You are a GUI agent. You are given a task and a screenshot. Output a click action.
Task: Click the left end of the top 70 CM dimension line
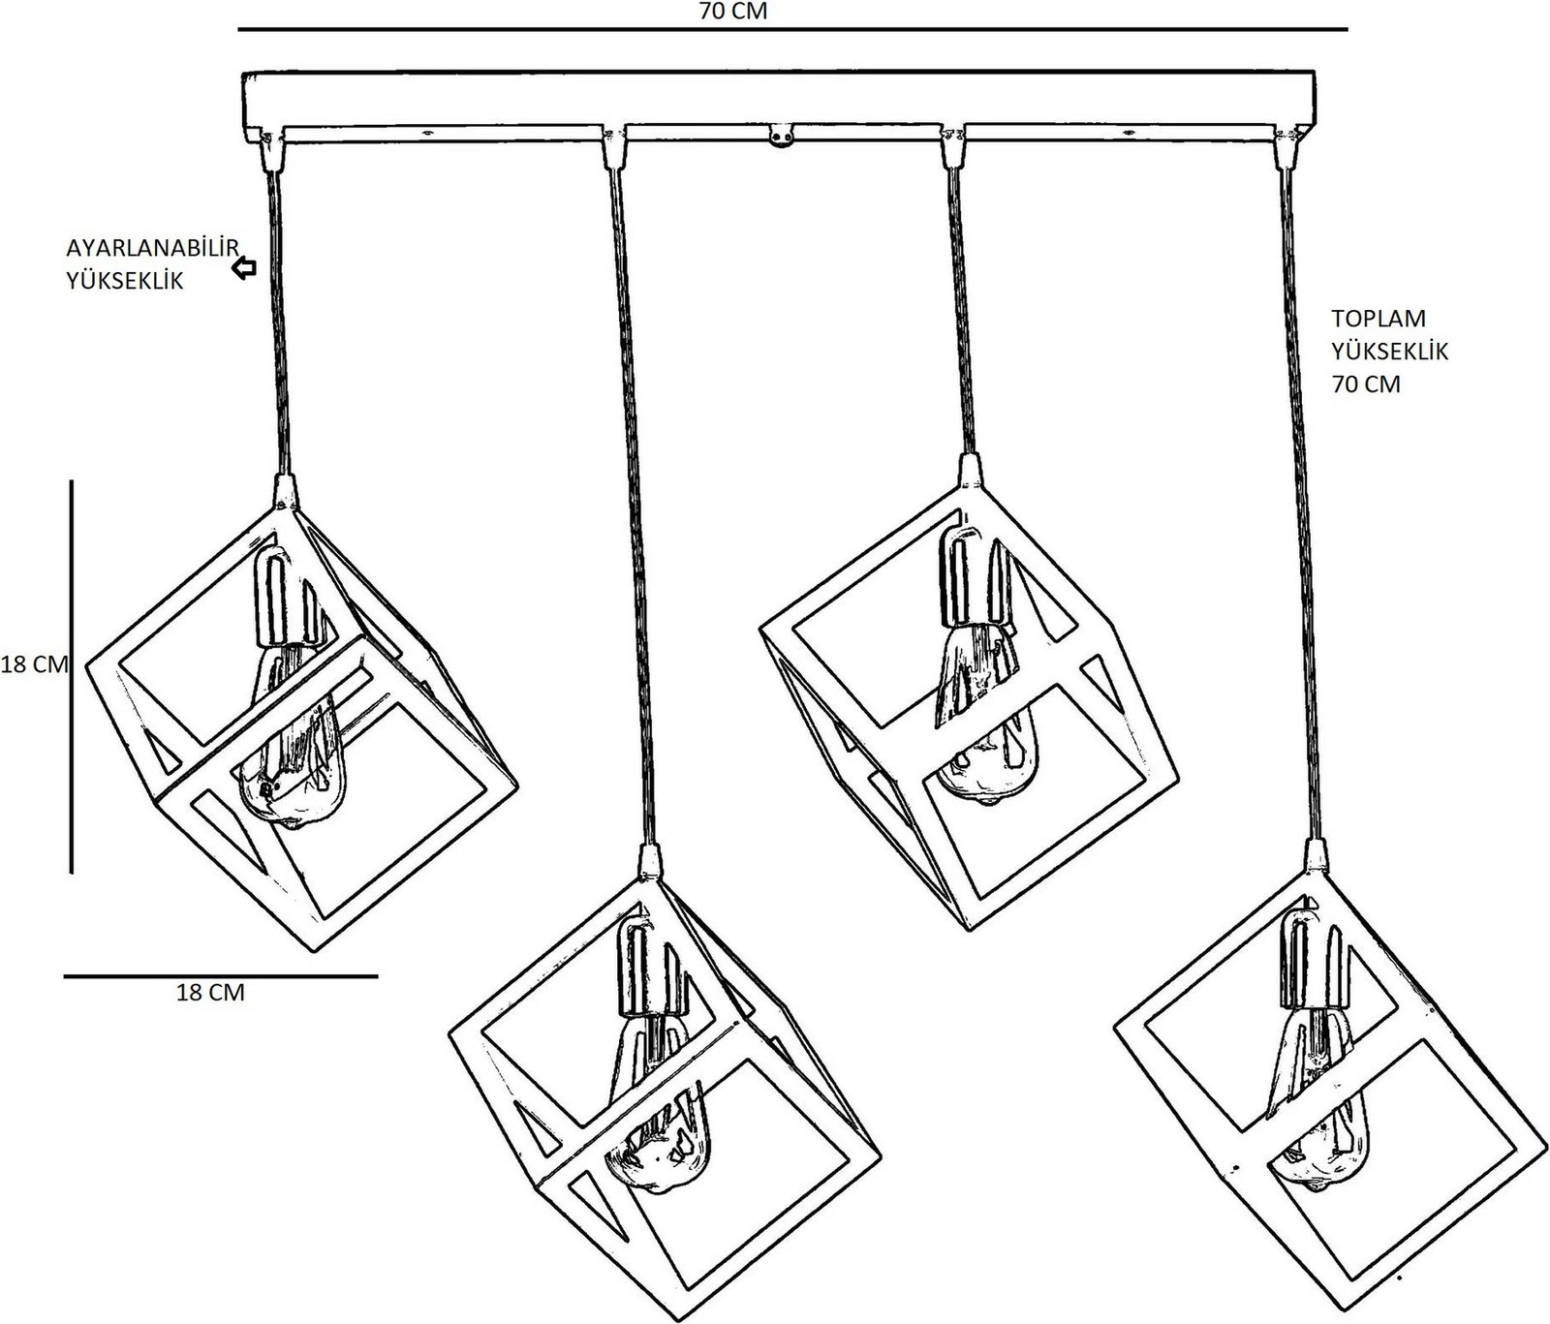[239, 30]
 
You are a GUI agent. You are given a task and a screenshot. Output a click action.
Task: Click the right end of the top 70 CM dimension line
[1348, 30]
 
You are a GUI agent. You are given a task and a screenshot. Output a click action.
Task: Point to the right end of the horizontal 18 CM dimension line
[377, 976]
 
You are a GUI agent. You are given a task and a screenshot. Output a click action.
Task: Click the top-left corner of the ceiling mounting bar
[241, 77]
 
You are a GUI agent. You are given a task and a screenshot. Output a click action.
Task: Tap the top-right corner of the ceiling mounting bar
[1315, 72]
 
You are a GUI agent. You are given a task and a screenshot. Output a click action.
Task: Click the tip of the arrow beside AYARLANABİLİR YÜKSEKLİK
[232, 268]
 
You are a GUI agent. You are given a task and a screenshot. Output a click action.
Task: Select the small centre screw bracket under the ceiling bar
[783, 137]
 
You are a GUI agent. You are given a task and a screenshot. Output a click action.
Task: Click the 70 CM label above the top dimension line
[732, 12]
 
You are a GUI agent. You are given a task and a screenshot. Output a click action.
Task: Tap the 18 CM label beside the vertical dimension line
[34, 665]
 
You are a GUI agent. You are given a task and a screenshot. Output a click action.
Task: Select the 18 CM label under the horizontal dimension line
[210, 993]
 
